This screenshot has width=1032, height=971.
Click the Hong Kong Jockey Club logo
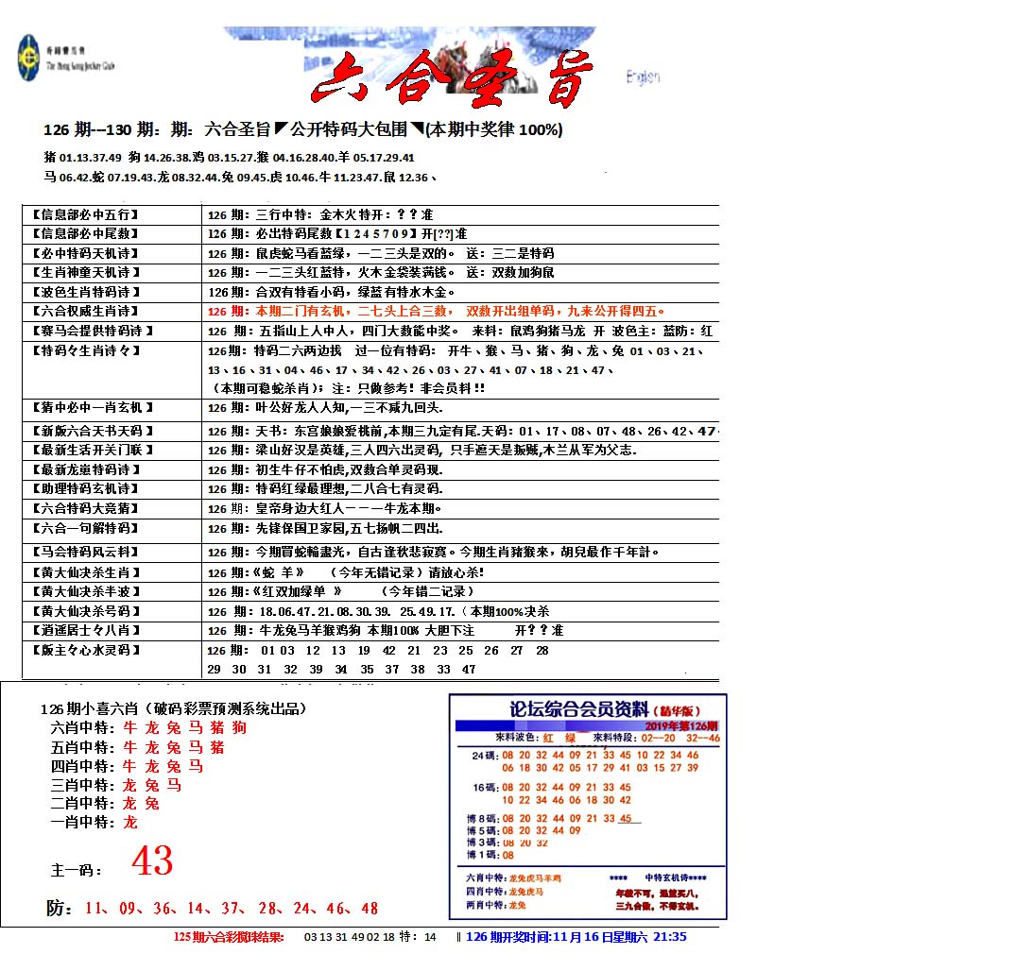28,58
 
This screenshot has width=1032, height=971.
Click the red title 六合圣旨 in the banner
452,81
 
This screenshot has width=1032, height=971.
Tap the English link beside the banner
643,77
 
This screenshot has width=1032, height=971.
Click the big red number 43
152,861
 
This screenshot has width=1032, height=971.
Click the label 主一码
75,870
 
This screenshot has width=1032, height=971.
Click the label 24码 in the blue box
483,756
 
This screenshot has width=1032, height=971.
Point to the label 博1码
482,855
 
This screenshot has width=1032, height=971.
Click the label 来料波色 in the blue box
516,738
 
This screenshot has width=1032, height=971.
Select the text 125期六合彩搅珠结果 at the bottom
229,937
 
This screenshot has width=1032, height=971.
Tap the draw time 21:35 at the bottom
667,937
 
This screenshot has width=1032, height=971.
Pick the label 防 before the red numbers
59,909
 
